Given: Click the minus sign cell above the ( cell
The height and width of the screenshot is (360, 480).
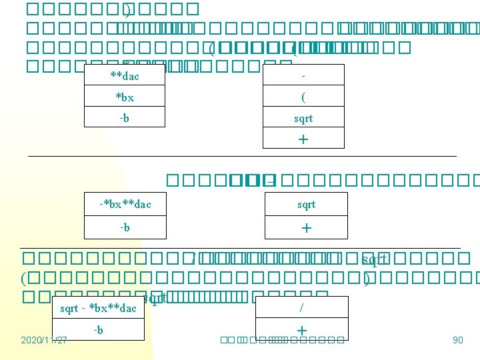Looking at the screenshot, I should pyautogui.click(x=303, y=76).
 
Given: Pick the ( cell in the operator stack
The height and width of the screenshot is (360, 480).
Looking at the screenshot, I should pyautogui.click(x=303, y=97).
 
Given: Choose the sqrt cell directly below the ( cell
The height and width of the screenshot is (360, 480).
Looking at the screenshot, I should pyautogui.click(x=303, y=118).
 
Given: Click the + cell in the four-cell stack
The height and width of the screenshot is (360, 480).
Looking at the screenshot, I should pyautogui.click(x=303, y=139).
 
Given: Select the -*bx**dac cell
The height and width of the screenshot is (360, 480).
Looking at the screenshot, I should pyautogui.click(x=125, y=204).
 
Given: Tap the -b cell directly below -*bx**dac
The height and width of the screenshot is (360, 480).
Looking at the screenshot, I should pyautogui.click(x=125, y=227).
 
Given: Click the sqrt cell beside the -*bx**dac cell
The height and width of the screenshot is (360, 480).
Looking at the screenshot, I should pyautogui.click(x=306, y=204).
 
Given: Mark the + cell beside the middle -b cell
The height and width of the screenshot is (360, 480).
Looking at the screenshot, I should pyautogui.click(x=306, y=227).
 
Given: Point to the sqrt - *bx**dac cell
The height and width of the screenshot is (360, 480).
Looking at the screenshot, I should pyautogui.click(x=98, y=308).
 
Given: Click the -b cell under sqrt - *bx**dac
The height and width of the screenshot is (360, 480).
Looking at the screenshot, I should pyautogui.click(x=98, y=329).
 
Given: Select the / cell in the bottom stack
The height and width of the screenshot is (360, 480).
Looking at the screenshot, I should pyautogui.click(x=302, y=307).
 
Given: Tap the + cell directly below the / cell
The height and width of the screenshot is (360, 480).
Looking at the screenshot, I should pyautogui.click(x=302, y=329).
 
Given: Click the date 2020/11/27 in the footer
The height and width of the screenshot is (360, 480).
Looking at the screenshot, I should pyautogui.click(x=44, y=340).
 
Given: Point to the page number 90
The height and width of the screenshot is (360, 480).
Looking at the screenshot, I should pyautogui.click(x=457, y=340).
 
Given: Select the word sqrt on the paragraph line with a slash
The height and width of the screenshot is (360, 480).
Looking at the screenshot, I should pyautogui.click(x=374, y=257).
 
